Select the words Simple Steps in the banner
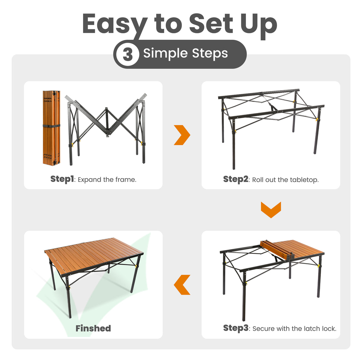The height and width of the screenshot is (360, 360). [x=185, y=54]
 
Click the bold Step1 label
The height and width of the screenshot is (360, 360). [x=62, y=179]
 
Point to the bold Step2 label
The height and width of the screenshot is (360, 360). [x=235, y=179]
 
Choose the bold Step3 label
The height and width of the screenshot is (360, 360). [x=235, y=328]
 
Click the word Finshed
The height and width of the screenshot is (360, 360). [x=93, y=328]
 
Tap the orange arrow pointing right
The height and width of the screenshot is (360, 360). [x=181, y=135]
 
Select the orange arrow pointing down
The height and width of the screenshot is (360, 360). [x=271, y=210]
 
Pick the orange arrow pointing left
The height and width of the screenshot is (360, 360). [x=182, y=285]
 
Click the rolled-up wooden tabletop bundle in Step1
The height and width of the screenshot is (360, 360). [x=52, y=128]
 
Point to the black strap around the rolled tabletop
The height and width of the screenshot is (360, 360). [x=52, y=126]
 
